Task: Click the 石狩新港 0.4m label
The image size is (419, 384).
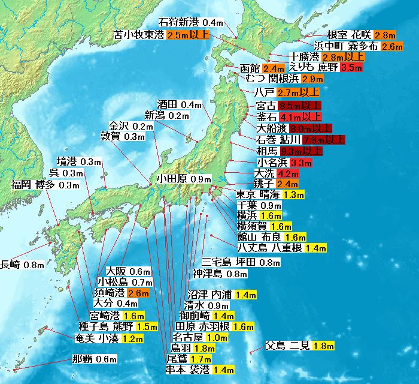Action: point(192,23)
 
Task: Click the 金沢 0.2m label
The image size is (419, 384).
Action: point(131,127)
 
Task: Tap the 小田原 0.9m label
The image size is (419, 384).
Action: point(184,179)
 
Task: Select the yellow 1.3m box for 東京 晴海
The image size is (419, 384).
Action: point(294,194)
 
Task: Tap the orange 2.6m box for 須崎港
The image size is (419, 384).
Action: point(138,293)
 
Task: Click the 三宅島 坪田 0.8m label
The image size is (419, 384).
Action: point(241,262)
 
